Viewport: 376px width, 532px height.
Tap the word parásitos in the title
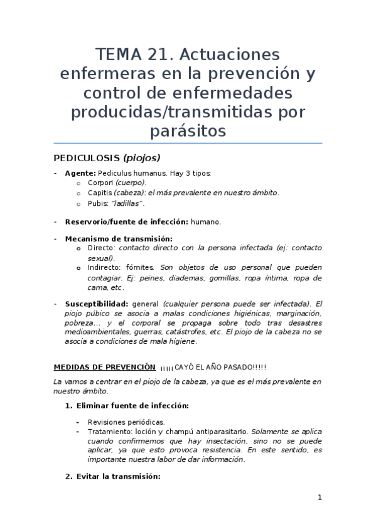coord(188,131)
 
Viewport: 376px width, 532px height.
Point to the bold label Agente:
coord(80,173)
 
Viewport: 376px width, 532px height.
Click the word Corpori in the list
coord(100,183)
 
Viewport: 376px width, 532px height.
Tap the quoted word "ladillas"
coord(129,203)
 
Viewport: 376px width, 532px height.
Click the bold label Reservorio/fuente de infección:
coord(126,221)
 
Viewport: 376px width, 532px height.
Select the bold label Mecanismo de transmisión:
coord(118,239)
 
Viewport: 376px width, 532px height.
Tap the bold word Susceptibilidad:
coord(96,304)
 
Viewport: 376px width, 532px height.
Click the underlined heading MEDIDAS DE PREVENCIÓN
coord(104,366)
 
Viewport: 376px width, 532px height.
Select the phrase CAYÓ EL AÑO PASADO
coord(211,367)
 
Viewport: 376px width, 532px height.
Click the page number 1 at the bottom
coord(320,498)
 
